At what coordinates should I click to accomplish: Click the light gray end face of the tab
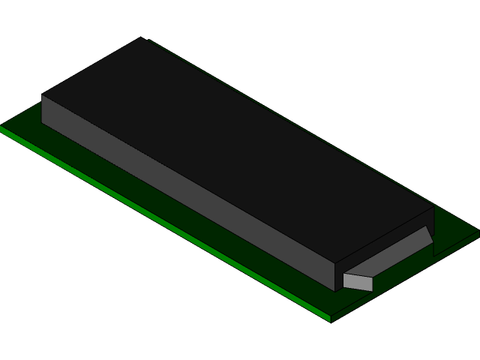coord(358,282)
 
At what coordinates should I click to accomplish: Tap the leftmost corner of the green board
coord(2,128)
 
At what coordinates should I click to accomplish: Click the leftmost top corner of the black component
coord(43,95)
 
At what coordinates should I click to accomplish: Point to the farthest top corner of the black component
coord(141,38)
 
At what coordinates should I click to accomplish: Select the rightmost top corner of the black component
coord(433,208)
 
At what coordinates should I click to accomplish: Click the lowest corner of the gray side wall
coord(335,290)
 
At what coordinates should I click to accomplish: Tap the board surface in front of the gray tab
coord(352,300)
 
